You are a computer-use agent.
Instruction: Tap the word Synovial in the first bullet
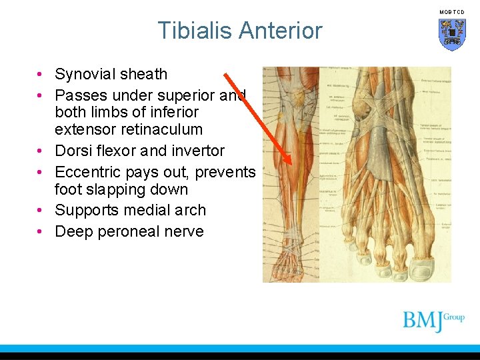coord(85,74)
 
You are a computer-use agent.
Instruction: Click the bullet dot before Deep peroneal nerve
coord(41,231)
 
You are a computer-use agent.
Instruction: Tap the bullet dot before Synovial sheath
coord(41,74)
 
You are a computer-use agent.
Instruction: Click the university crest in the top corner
coord(452,34)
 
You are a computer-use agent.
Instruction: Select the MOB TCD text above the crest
coord(451,12)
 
